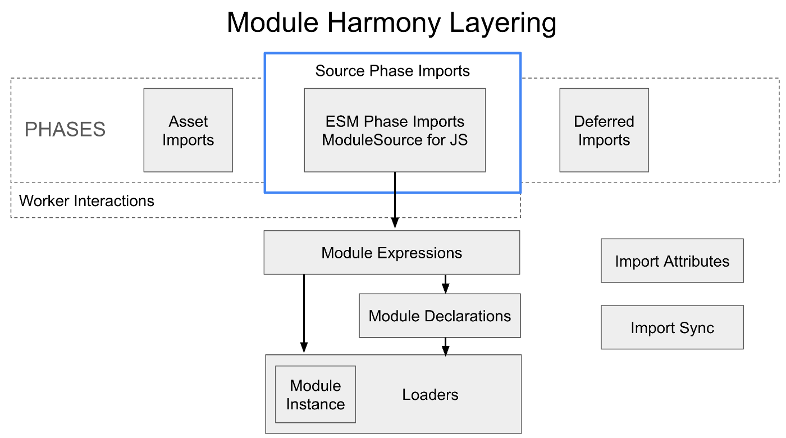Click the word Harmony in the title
[383, 23]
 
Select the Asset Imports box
[188, 130]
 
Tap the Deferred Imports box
[604, 130]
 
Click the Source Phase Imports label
[392, 71]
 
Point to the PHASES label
[65, 129]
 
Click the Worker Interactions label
[86, 201]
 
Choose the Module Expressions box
[392, 252]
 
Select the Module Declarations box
[440, 316]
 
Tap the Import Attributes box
[672, 261]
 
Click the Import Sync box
[672, 327]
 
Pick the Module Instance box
[316, 394]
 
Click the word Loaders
[430, 395]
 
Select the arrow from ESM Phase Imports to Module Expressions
[395, 200]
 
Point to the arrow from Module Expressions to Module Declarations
[445, 284]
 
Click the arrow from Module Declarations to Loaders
[445, 347]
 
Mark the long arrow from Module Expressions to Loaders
[304, 313]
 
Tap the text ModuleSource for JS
[395, 140]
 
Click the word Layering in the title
[502, 23]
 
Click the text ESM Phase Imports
[395, 121]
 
